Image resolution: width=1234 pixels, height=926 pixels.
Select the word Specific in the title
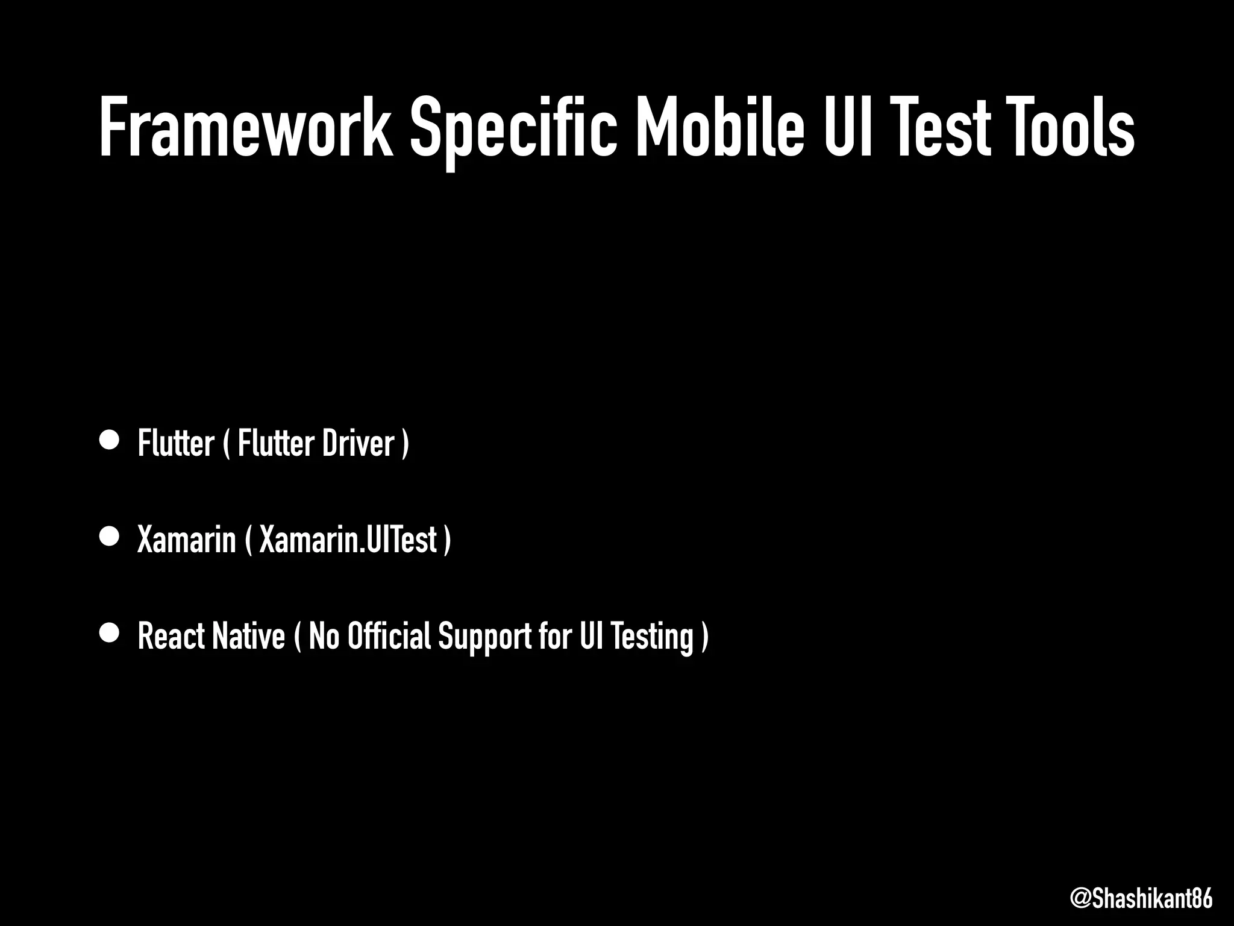coord(514,130)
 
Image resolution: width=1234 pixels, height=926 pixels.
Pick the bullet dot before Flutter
coord(110,440)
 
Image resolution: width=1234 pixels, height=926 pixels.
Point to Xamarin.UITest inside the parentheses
coord(348,539)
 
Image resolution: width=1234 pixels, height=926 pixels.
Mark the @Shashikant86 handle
coord(1141,898)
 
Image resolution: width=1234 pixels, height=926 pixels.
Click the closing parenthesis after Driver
coord(406,444)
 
